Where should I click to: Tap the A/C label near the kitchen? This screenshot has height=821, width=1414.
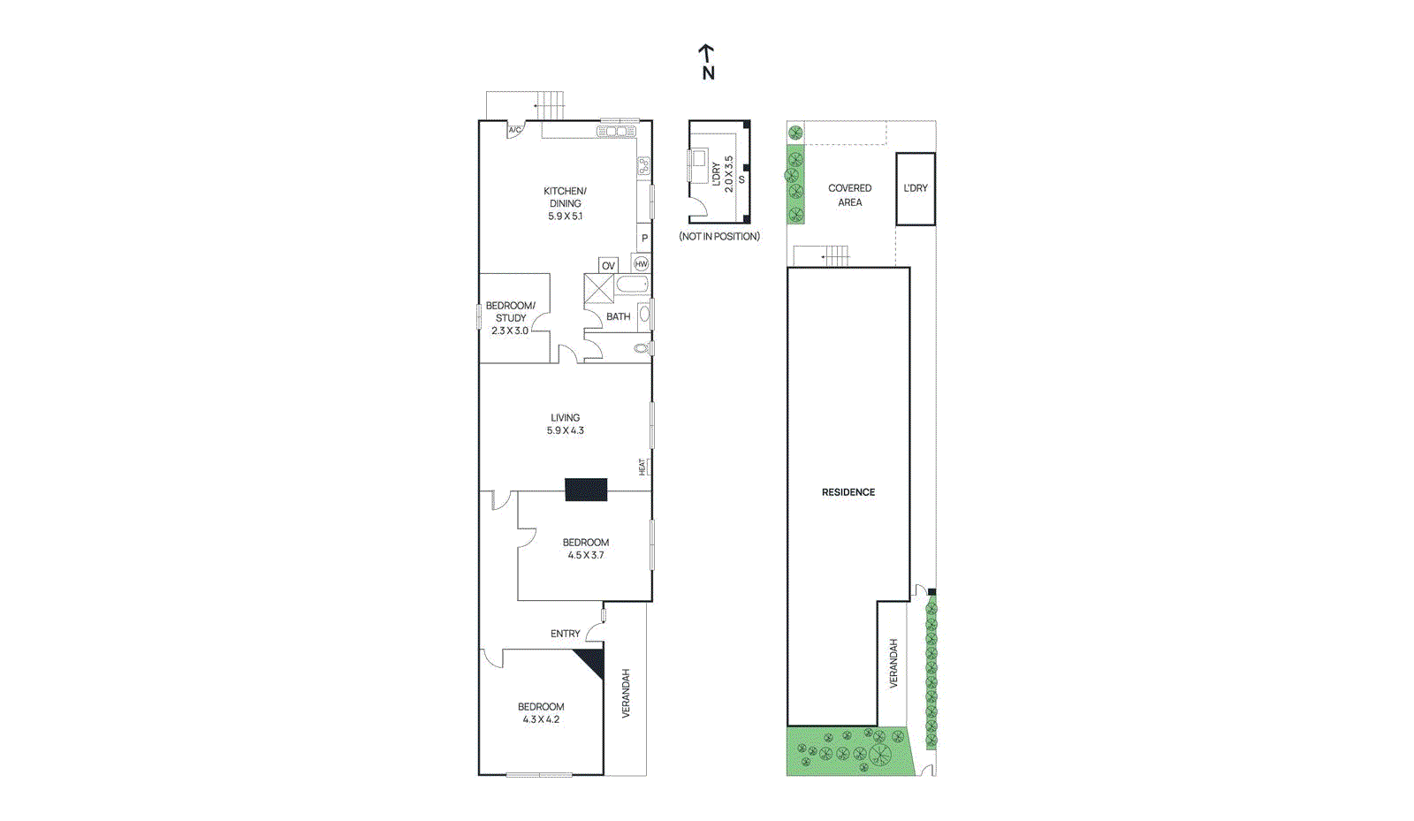click(514, 130)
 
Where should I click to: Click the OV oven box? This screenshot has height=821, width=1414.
click(608, 265)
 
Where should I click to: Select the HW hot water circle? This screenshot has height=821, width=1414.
click(642, 263)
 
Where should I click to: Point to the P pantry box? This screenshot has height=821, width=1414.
click(644, 238)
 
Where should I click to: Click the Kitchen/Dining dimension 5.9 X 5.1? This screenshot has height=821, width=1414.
click(565, 216)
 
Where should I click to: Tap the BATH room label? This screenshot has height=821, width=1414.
click(618, 316)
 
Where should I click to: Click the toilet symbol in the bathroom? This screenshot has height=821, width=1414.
click(642, 348)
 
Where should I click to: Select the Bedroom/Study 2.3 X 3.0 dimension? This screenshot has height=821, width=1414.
click(510, 331)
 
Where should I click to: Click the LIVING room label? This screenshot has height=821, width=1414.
click(565, 418)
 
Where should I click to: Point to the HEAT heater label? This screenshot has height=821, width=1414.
click(642, 467)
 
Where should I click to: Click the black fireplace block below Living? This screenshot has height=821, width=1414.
click(586, 490)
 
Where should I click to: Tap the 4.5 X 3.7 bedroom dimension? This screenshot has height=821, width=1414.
click(586, 555)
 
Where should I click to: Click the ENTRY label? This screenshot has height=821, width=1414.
click(565, 634)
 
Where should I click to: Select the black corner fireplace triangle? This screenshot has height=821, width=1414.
click(592, 659)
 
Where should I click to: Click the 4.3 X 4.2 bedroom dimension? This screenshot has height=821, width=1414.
click(541, 719)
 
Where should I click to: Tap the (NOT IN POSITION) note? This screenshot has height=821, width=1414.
click(719, 236)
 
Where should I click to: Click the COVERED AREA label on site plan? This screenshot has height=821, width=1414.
click(849, 195)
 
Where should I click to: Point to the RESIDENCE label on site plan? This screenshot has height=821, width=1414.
click(848, 492)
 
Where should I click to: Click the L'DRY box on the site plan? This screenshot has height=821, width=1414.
click(916, 188)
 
